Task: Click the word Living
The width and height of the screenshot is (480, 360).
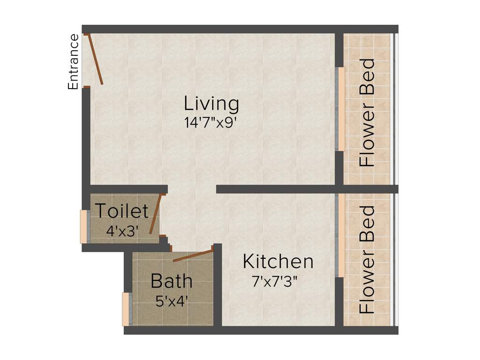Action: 211,104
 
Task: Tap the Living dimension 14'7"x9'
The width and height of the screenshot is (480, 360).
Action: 213,123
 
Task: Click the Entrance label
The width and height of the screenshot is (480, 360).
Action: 73,62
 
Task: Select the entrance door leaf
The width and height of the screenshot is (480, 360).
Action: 95,60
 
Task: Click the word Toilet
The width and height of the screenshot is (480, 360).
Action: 122,211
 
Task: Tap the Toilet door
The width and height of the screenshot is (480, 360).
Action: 155,214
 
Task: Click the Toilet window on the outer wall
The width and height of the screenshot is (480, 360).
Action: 83,226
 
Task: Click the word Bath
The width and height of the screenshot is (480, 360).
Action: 171,281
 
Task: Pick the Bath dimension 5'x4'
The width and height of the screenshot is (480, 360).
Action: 172,300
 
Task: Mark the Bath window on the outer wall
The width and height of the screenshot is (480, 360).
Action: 126,309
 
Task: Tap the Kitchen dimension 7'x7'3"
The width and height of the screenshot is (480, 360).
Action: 275,282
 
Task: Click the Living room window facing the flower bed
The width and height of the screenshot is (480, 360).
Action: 341,109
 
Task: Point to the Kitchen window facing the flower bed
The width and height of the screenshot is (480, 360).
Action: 341,235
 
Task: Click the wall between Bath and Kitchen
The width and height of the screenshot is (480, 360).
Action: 217,286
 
